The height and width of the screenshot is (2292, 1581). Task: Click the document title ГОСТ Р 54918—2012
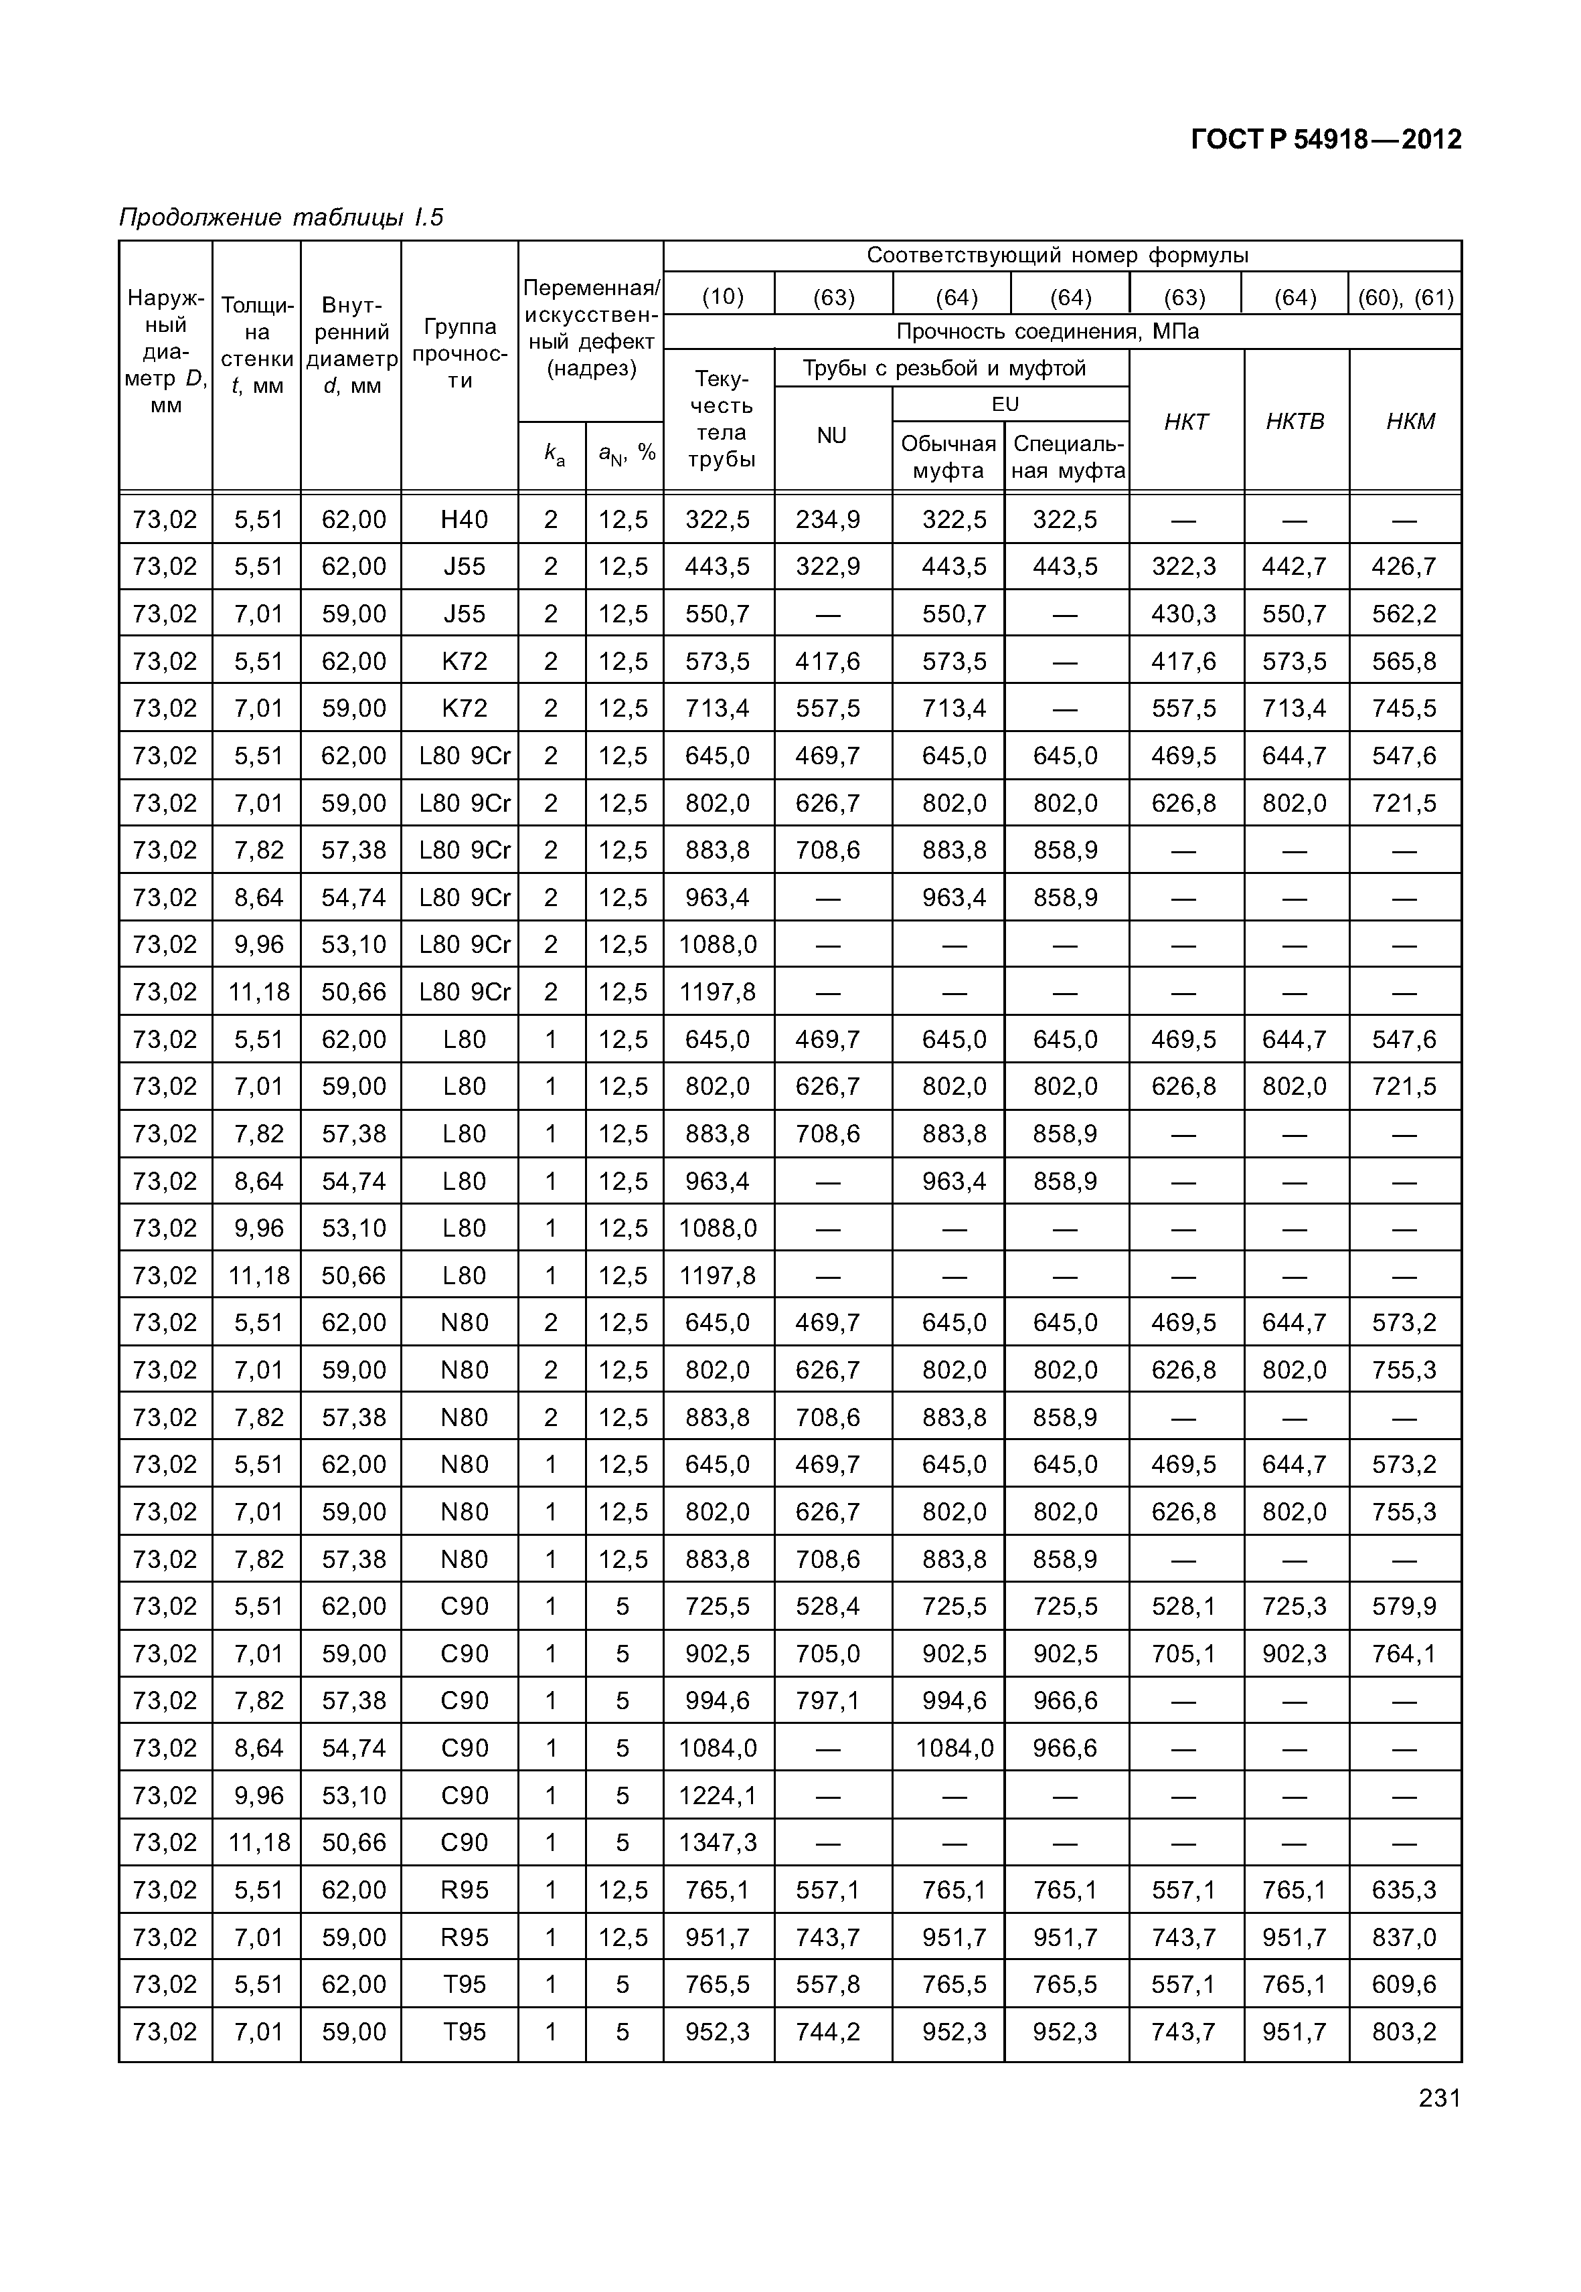click(x=1325, y=140)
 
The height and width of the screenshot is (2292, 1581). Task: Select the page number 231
click(x=1438, y=2098)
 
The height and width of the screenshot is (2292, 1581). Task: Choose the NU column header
click(x=831, y=436)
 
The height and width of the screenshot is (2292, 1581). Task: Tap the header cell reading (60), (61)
click(x=1405, y=296)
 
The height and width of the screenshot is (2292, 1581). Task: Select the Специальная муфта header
click(x=1068, y=456)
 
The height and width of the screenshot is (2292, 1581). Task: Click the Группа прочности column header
click(x=460, y=353)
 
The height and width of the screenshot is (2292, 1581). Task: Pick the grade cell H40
click(x=464, y=519)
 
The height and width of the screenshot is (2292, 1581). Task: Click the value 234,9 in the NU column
click(x=827, y=519)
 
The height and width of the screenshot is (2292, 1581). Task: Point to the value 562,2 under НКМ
click(x=1403, y=614)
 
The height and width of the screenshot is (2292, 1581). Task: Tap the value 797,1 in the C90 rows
click(x=827, y=1700)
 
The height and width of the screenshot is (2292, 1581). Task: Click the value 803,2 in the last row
click(x=1403, y=2032)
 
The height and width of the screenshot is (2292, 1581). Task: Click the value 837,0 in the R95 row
click(x=1403, y=1937)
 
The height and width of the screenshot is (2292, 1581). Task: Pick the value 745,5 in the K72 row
click(x=1403, y=708)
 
